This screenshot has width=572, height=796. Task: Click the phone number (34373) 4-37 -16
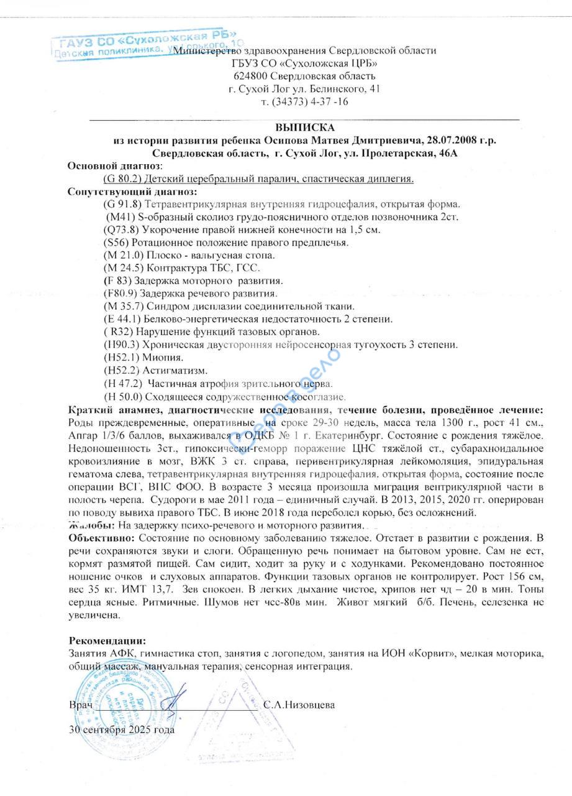coord(304,101)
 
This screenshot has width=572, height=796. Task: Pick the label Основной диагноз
coord(114,166)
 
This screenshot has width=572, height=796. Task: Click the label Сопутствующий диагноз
coord(132,192)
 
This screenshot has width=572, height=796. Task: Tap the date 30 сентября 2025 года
coord(122,730)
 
